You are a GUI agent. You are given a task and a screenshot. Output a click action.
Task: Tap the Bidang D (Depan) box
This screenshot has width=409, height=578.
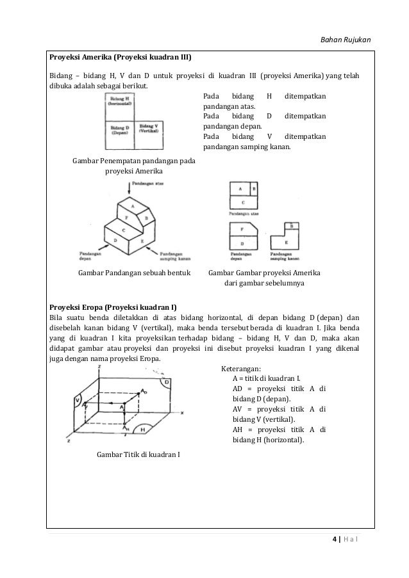120,134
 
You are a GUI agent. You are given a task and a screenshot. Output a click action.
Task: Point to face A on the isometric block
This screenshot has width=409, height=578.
132,207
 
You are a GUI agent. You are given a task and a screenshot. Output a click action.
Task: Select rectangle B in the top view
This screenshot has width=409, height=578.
254,189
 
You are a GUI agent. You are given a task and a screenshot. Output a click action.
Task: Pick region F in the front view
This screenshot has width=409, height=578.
242,229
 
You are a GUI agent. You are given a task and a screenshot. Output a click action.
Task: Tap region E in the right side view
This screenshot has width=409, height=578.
286,243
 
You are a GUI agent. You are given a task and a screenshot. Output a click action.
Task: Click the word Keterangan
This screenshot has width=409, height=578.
240,369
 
